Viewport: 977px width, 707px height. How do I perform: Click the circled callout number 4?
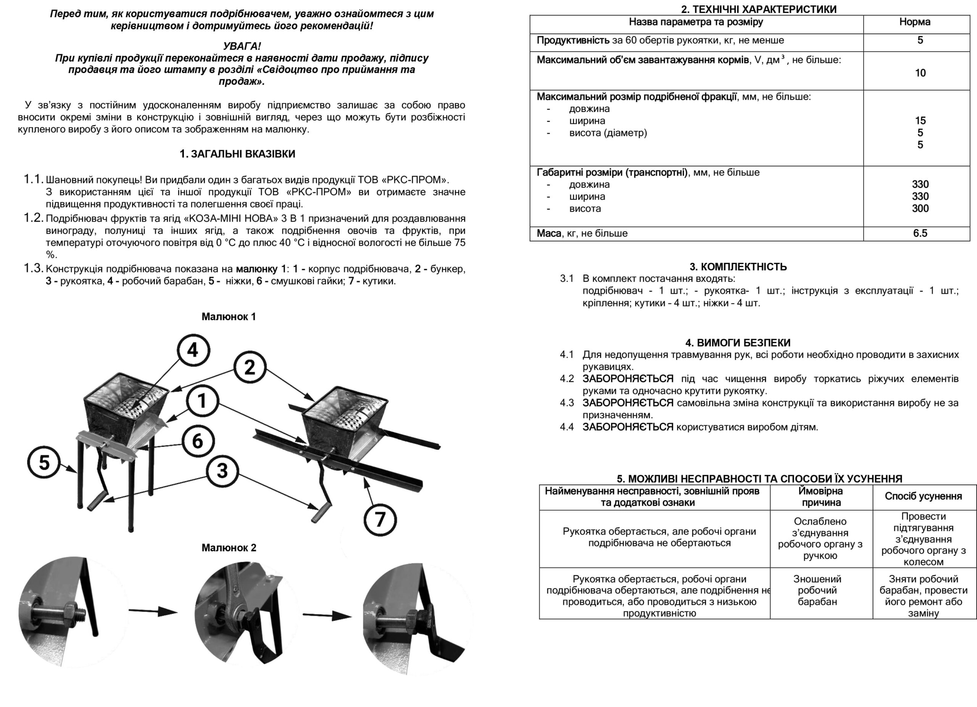point(193,350)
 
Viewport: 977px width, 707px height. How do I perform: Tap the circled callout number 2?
point(250,368)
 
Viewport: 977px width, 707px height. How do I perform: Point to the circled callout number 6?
point(198,441)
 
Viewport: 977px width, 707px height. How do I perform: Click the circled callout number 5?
point(44,463)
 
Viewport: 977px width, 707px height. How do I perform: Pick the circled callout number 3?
point(222,471)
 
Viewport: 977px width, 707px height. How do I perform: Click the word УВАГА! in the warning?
point(242,46)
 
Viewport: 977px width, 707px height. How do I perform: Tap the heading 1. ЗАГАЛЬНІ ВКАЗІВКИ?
point(237,154)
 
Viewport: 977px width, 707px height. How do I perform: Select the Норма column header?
point(914,22)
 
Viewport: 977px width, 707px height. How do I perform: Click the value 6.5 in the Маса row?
point(920,233)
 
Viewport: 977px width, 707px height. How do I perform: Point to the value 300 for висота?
point(920,209)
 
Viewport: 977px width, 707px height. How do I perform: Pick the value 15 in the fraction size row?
point(921,121)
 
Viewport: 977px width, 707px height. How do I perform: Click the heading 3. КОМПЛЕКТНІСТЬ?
point(738,267)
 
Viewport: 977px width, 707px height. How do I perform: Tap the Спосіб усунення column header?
point(923,496)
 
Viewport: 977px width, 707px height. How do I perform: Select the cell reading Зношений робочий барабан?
point(817,590)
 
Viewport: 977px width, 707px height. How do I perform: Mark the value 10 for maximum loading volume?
point(920,73)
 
